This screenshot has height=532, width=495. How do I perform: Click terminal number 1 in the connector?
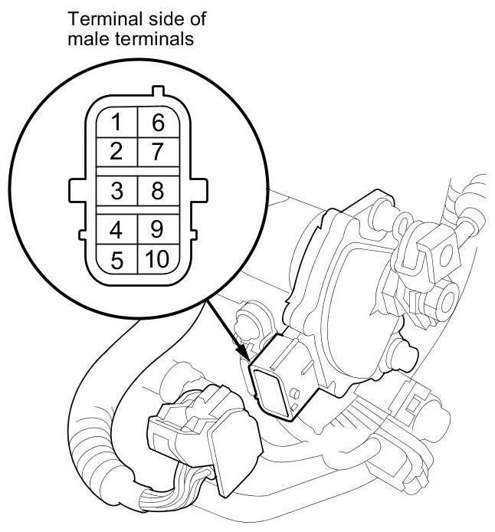click(x=116, y=122)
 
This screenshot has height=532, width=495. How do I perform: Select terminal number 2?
click(x=116, y=151)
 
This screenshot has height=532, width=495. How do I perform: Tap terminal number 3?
click(x=116, y=191)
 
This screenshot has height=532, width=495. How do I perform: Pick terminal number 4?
click(x=116, y=229)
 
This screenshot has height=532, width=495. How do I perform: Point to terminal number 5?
click(x=116, y=259)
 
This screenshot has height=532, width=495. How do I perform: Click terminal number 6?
click(x=158, y=122)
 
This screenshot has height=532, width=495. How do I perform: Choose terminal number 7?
click(x=158, y=151)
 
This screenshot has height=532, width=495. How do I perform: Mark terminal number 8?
click(x=158, y=191)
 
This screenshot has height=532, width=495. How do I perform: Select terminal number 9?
click(x=158, y=229)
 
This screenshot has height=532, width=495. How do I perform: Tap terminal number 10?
click(x=156, y=259)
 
